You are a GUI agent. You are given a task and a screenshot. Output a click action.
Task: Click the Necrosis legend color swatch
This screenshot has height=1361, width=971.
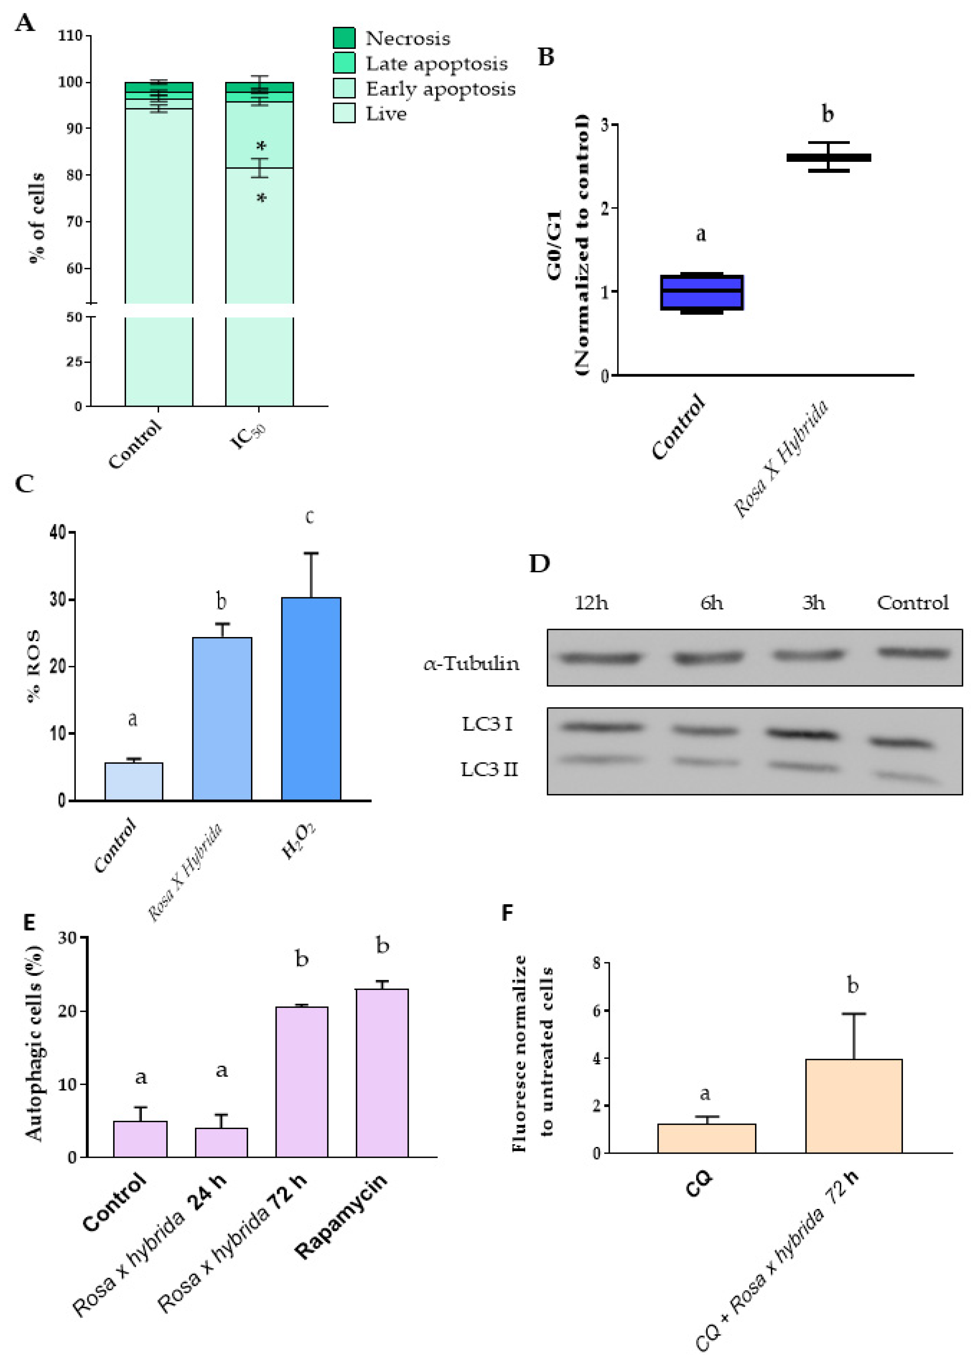click(x=344, y=38)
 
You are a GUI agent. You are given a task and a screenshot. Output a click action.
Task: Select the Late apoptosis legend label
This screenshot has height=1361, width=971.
click(x=436, y=63)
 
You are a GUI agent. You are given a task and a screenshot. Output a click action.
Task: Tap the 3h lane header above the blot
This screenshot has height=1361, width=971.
click(x=813, y=603)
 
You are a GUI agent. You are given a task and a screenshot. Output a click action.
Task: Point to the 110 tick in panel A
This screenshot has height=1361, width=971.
click(x=70, y=36)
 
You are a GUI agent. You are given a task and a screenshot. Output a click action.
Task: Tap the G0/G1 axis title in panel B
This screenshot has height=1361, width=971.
click(x=554, y=245)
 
